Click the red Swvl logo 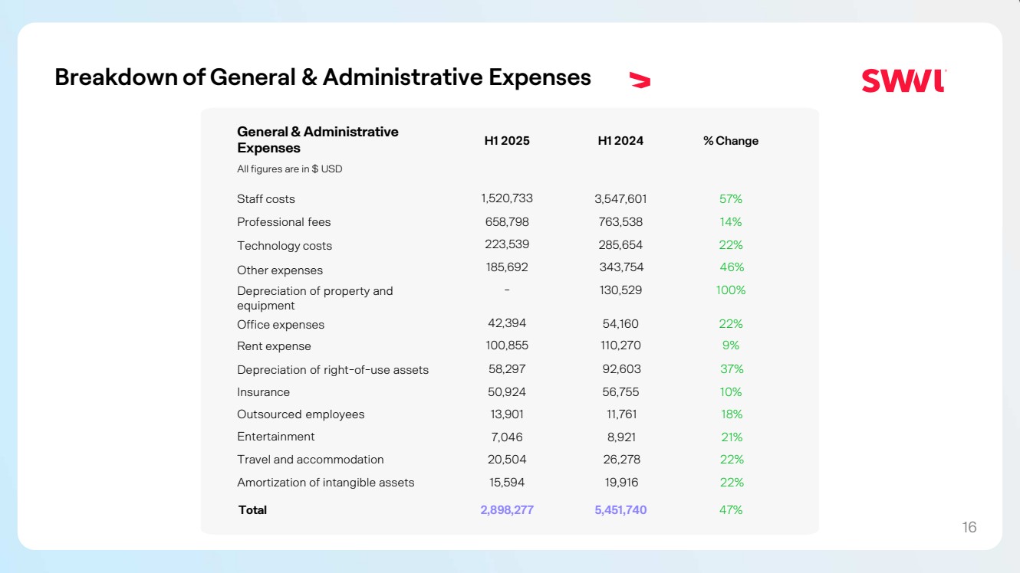click(x=903, y=80)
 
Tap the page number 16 click(x=969, y=527)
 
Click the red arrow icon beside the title click(x=640, y=80)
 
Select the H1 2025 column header click(x=507, y=141)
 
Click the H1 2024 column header click(x=620, y=141)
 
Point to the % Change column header click(x=731, y=141)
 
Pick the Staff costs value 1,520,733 click(x=507, y=198)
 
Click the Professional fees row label click(x=284, y=222)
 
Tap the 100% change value click(x=731, y=290)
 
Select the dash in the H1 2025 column click(x=507, y=290)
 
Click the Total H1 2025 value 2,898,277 click(x=507, y=510)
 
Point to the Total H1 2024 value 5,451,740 click(x=620, y=510)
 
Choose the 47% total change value click(x=731, y=510)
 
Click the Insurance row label click(x=263, y=392)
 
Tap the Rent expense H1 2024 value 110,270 click(x=620, y=345)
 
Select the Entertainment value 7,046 click(x=507, y=437)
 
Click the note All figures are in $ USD click(x=289, y=169)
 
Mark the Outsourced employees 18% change click(x=732, y=414)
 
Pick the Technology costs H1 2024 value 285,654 click(x=620, y=245)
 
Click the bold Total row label click(x=252, y=510)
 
